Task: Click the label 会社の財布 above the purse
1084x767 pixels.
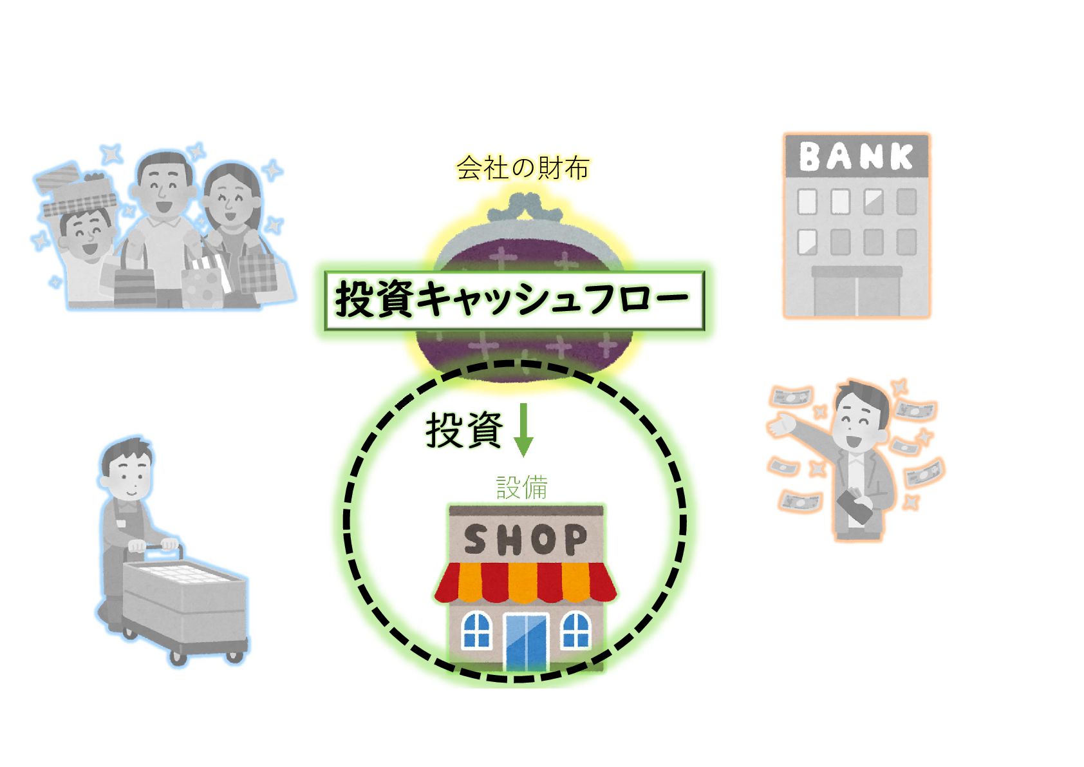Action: [523, 168]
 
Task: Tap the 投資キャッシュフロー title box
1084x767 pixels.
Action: [514, 301]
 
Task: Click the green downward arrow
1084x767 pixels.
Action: [523, 430]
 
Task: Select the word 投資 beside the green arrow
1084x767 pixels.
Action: [463, 430]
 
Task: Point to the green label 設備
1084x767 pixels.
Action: [522, 488]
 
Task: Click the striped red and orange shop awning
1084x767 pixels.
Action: [525, 582]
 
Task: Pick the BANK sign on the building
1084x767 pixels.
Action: [856, 156]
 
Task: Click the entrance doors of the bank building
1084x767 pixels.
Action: [857, 296]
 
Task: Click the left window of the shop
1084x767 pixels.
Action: [476, 630]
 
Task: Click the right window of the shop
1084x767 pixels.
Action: [575, 630]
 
